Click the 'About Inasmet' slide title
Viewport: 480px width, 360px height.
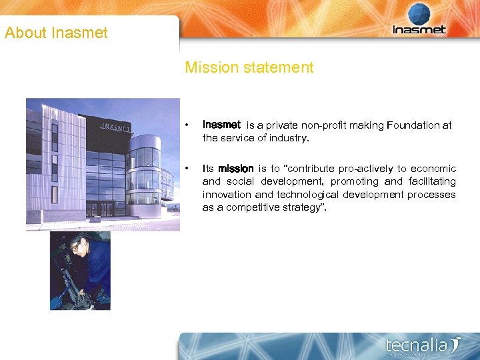(56, 33)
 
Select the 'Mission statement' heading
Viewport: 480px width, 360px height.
(249, 67)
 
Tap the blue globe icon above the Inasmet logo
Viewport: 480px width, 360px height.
(419, 13)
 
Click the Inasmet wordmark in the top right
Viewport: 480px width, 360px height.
(419, 30)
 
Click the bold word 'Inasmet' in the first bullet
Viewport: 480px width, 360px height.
(221, 125)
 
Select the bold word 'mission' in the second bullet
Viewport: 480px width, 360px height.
(236, 169)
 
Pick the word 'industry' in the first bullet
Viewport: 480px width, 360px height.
(290, 138)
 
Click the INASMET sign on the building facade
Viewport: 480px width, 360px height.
(115, 127)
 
